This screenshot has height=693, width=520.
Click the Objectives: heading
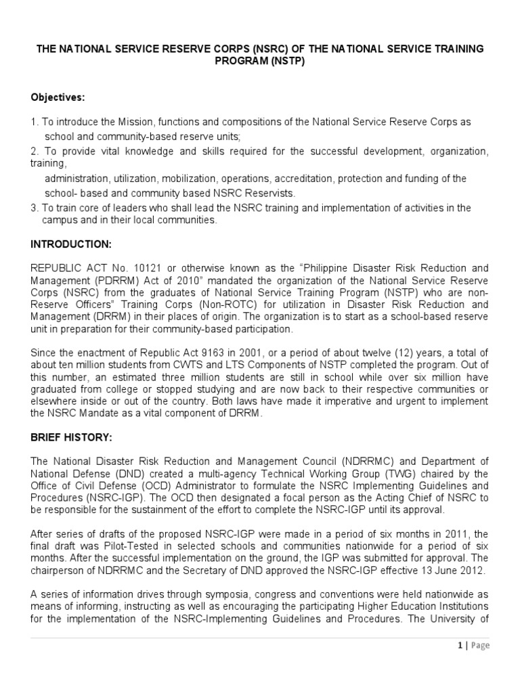(58, 97)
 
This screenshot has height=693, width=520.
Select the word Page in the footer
(479, 646)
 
